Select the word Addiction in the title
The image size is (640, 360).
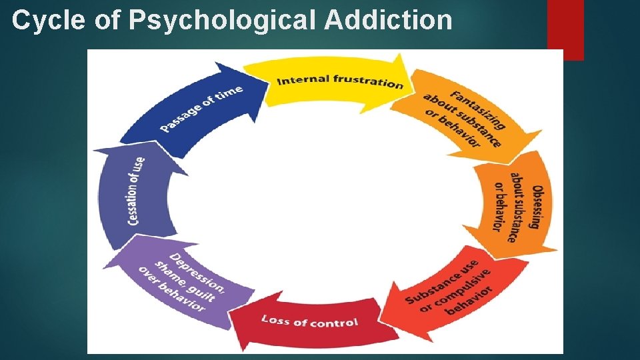pos(388,21)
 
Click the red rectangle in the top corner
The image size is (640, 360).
pos(565,27)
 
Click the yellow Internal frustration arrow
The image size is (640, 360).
pos(333,83)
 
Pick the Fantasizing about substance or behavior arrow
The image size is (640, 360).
pos(467,117)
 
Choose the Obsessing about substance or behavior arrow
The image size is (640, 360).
pos(517,207)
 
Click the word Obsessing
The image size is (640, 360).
pos(538,207)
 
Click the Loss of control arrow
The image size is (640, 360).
pos(307,321)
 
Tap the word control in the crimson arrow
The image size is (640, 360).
pos(333,323)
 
